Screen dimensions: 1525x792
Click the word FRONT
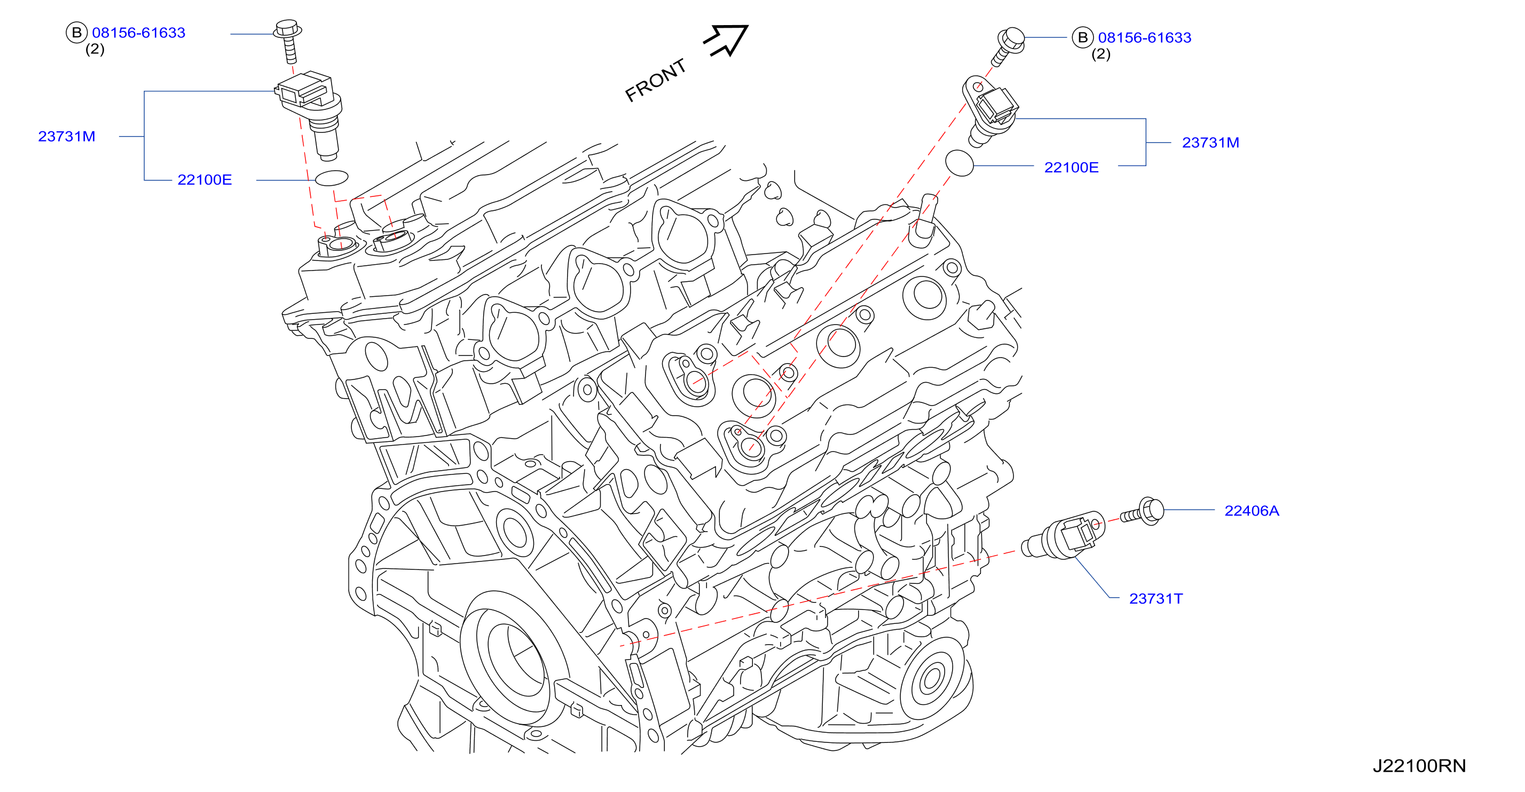pos(655,81)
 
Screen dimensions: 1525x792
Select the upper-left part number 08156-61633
pos(138,33)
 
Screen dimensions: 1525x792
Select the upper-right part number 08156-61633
pos(1144,37)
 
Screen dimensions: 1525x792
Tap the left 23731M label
pos(67,137)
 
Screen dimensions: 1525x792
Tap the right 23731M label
pos(1210,142)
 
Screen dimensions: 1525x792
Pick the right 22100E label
pos(1071,168)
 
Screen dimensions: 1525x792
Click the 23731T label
pos(1155,599)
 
